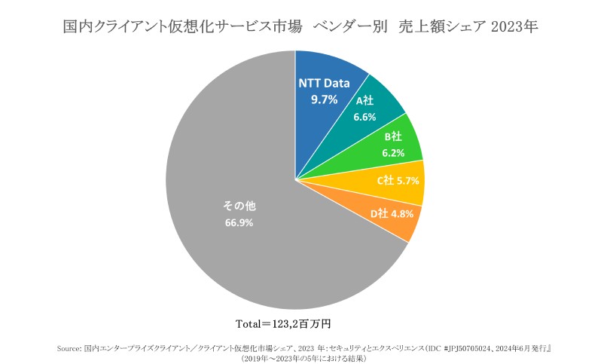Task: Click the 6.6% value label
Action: (364, 116)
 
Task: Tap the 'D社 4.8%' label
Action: (392, 213)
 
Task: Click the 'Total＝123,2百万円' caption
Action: (289, 324)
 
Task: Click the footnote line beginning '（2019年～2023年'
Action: (304, 359)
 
